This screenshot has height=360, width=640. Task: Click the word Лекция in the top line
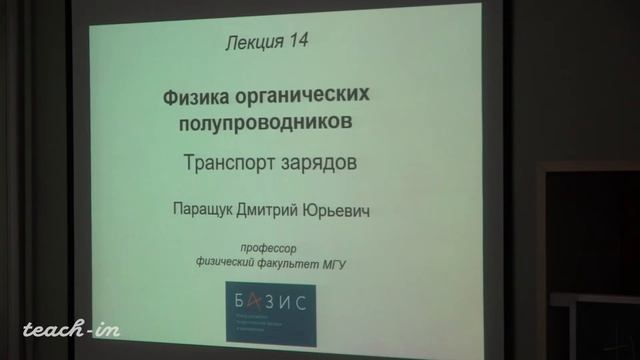tap(252, 42)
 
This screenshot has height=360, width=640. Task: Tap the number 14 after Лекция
tap(296, 42)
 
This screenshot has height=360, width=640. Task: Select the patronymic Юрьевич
tap(328, 211)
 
